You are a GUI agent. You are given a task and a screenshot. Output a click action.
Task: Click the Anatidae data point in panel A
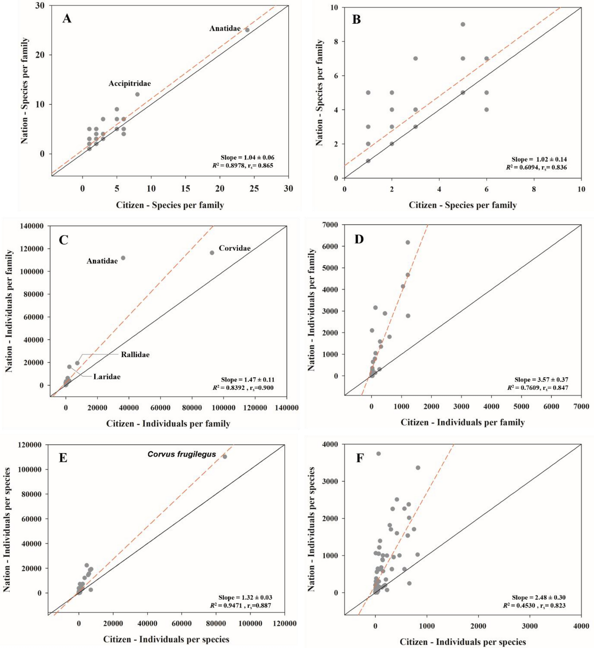[247, 30]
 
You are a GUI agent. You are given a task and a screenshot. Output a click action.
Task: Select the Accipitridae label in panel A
[130, 83]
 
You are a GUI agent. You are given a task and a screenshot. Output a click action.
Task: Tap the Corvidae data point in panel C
[212, 252]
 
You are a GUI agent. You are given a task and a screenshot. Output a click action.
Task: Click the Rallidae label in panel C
[135, 355]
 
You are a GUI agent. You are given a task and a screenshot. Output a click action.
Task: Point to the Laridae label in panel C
[107, 377]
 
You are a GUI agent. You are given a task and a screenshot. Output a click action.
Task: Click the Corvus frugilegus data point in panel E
[225, 457]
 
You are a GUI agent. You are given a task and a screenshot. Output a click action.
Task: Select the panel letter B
[356, 19]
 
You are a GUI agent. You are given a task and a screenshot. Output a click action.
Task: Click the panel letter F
[360, 458]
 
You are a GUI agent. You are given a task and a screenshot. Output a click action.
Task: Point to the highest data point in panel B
[463, 24]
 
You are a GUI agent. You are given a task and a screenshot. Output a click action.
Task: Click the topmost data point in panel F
[379, 454]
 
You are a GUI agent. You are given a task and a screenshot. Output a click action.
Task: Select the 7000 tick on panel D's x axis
[581, 406]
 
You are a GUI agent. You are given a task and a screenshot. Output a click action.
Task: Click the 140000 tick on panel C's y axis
[32, 226]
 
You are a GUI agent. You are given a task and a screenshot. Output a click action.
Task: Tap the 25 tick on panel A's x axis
[254, 189]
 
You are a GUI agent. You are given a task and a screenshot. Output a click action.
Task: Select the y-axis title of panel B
[319, 93]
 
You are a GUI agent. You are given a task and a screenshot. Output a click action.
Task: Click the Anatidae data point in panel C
[123, 258]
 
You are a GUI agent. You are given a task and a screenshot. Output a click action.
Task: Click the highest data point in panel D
[408, 242]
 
